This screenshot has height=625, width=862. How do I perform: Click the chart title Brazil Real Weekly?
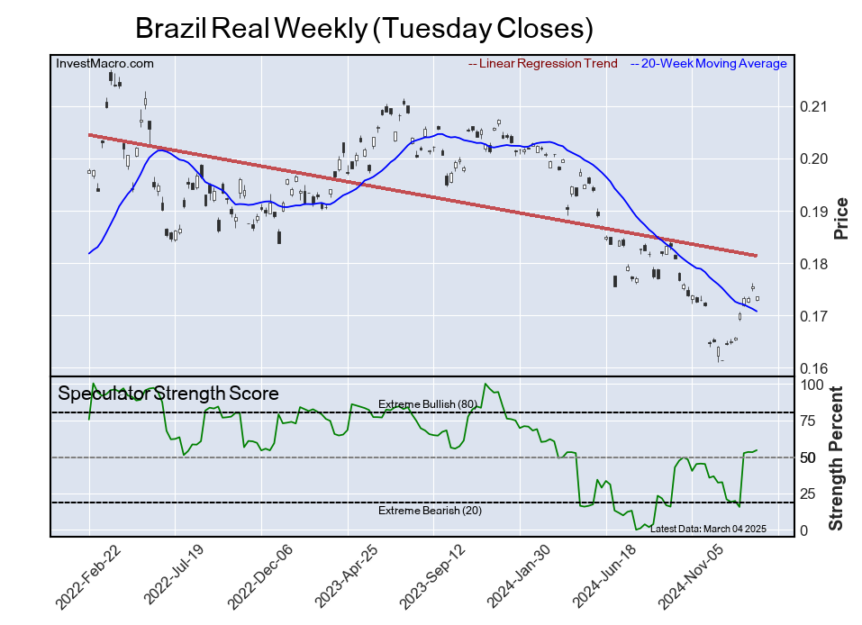pos(364,28)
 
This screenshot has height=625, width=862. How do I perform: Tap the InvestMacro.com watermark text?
pos(104,63)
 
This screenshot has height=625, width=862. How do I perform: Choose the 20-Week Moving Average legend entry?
pos(712,64)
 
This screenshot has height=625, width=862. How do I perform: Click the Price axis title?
pos(841,218)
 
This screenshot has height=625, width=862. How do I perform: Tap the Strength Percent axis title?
pos(836,457)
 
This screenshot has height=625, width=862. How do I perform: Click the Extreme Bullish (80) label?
pos(427,403)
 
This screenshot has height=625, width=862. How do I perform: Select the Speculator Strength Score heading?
pos(168,394)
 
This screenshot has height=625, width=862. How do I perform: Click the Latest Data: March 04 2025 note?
pos(707,529)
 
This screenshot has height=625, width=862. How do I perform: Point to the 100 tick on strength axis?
pos(812,385)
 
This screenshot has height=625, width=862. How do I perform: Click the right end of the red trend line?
pos(756,256)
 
